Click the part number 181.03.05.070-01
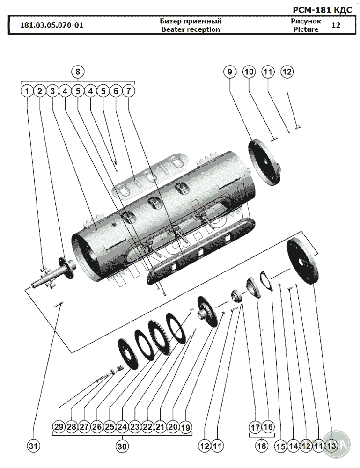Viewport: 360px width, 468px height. click(51, 25)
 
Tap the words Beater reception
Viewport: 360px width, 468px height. click(191, 29)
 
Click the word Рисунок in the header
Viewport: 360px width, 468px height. click(306, 21)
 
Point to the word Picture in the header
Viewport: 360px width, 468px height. click(306, 29)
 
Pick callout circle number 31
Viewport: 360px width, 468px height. click(33, 446)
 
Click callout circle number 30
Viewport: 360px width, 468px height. click(122, 446)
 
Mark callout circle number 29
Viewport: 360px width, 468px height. click(59, 427)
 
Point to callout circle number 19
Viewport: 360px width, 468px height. click(185, 427)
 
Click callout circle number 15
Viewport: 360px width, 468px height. click(280, 446)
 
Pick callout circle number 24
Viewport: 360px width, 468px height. click(122, 427)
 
